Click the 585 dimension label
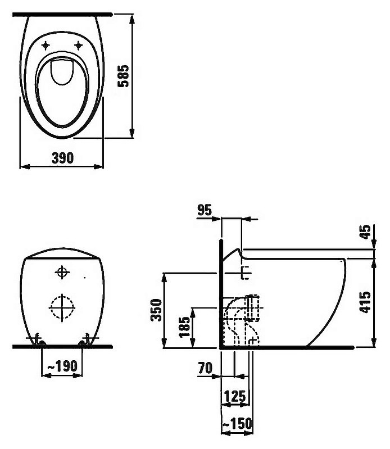(124, 76)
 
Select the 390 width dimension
(62, 158)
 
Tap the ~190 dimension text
(62, 366)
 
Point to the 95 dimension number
(205, 210)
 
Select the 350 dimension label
(157, 310)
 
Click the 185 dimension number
(184, 327)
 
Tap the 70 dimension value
(205, 368)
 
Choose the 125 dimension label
(235, 396)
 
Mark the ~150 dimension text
(237, 424)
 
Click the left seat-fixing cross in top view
(46, 46)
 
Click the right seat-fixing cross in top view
(78, 46)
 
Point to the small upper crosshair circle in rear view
(62, 272)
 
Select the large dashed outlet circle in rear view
(62, 307)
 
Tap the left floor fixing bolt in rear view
(37, 340)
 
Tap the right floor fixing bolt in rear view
(87, 340)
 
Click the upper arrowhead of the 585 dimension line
(131, 20)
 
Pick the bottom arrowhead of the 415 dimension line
(373, 342)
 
